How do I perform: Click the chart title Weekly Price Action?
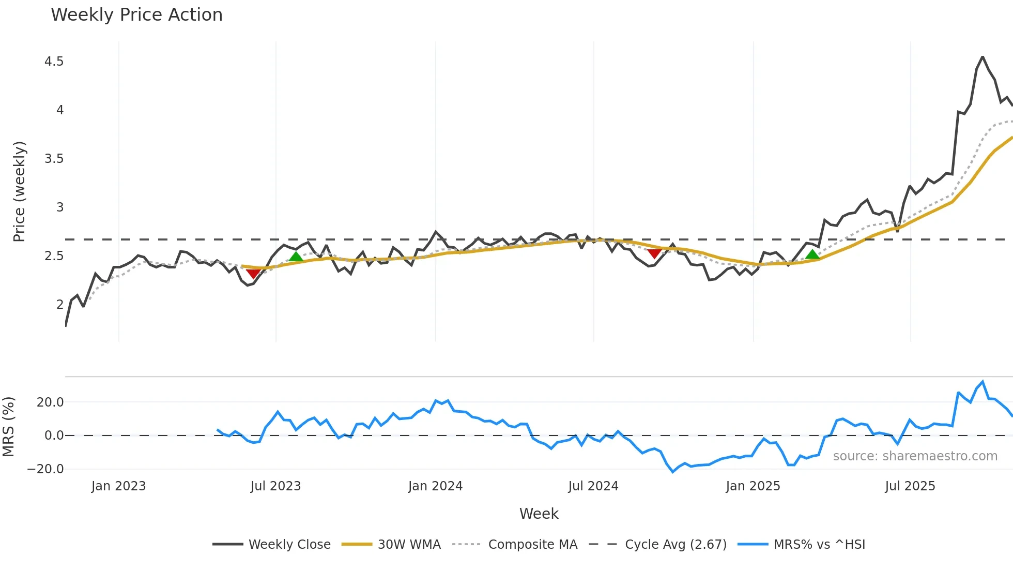(136, 15)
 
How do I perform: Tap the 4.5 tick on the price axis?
(54, 62)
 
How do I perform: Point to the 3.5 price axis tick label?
(54, 159)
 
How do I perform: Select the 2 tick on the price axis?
(60, 305)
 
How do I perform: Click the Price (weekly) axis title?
(19, 191)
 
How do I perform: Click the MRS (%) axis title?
(8, 427)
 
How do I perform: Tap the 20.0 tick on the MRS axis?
(50, 402)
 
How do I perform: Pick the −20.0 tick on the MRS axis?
(45, 469)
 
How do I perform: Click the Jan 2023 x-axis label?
(118, 486)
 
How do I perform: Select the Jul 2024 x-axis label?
(593, 486)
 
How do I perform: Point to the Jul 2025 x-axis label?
(910, 486)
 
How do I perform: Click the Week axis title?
(539, 514)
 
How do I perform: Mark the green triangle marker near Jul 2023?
(296, 257)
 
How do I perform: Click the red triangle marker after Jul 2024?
(654, 253)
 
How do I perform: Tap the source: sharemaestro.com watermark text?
(915, 456)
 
